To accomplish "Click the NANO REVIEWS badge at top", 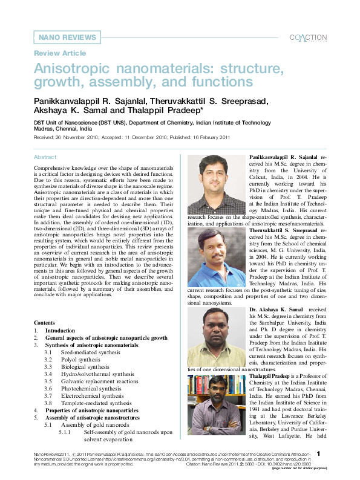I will coord(67,37).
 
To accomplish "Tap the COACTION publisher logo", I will coord(308,37).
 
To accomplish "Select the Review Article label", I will coord(60,53).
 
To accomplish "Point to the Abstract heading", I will coord(45,157).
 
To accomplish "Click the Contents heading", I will coord(44,323).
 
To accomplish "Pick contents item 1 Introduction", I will coord(61,331).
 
